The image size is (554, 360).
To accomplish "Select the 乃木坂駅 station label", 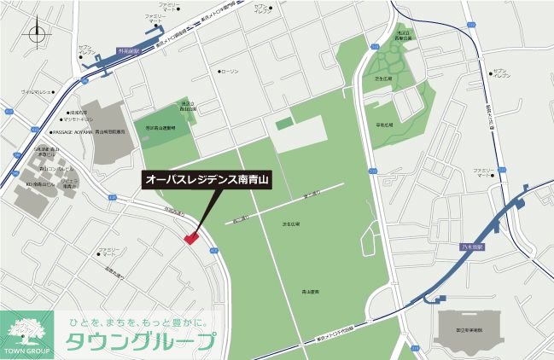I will coord(469,246).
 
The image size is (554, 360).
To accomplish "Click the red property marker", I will coord(190,238).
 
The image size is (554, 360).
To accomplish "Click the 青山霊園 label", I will coord(311,291).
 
